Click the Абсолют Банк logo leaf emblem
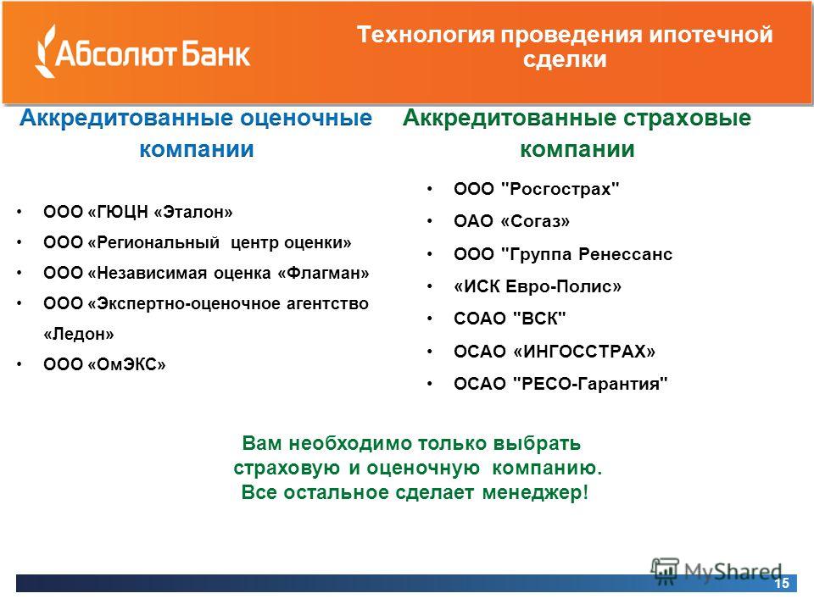[45, 51]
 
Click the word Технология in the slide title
[426, 35]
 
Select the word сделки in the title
[565, 58]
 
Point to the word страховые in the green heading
[687, 118]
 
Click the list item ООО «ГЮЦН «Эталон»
[138, 212]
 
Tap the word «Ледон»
[79, 334]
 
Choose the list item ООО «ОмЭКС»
[105, 364]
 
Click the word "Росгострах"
[560, 188]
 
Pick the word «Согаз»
[535, 221]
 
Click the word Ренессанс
[626, 254]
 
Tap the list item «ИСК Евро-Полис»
[538, 286]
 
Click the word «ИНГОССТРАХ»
[584, 351]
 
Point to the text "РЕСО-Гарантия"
[590, 384]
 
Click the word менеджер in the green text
[535, 491]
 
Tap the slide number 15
[781, 583]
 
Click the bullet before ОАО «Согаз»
[429, 221]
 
